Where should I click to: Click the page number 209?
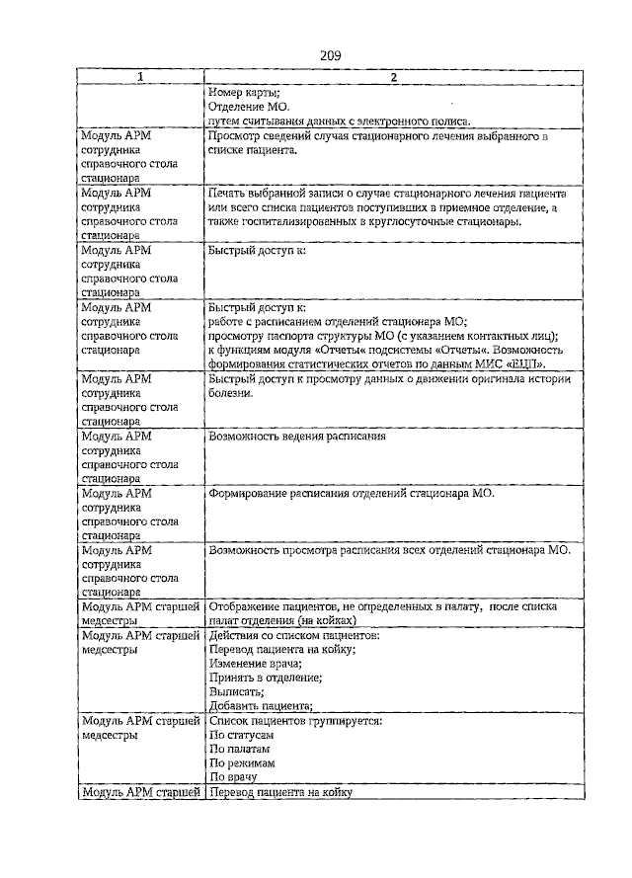[x=330, y=56]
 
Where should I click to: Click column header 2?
[x=392, y=79]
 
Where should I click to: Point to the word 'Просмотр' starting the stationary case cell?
[x=235, y=136]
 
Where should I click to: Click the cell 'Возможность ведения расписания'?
[x=296, y=437]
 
